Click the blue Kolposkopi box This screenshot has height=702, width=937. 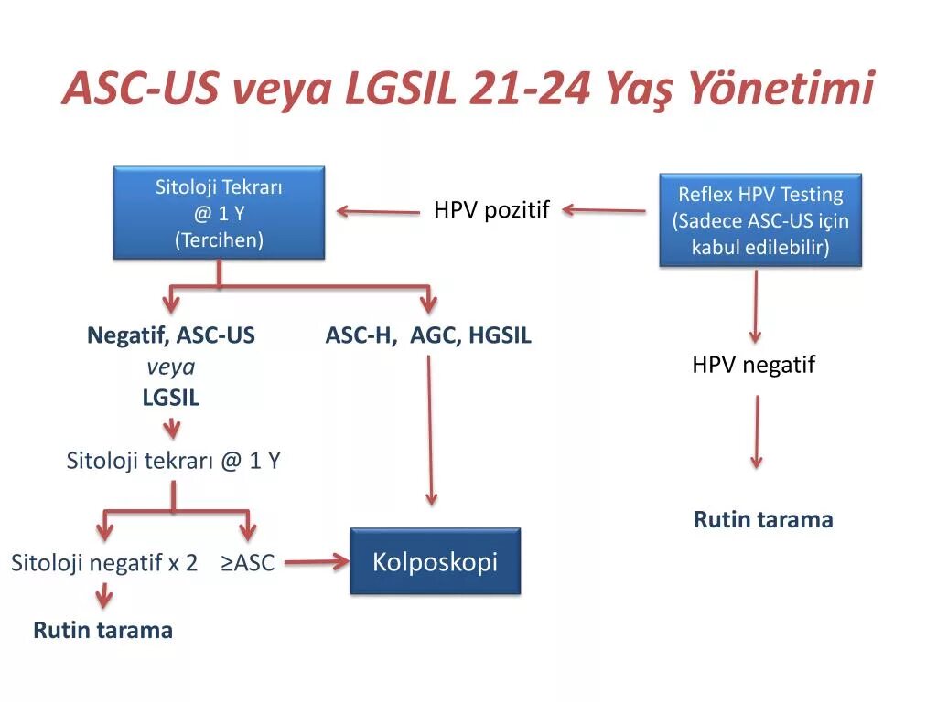(435, 561)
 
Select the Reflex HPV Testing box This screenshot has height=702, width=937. (760, 220)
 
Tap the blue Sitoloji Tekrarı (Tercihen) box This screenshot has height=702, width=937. (219, 213)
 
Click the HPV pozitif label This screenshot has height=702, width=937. (491, 210)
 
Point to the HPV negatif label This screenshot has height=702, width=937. (753, 365)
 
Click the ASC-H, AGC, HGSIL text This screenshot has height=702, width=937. (428, 335)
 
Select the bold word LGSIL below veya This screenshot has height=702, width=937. (171, 398)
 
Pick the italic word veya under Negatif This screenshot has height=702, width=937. (171, 367)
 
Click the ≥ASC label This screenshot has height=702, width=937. (247, 562)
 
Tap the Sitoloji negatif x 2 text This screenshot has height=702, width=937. (104, 562)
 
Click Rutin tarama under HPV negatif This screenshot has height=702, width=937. (763, 520)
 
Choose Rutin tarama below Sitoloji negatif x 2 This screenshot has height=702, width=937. (103, 630)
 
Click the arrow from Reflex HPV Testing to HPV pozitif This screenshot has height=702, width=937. (604, 210)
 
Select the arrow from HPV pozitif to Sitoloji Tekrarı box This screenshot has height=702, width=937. (378, 211)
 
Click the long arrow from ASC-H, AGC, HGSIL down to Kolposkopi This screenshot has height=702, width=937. (430, 430)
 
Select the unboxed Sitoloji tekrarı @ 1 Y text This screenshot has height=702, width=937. (173, 460)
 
